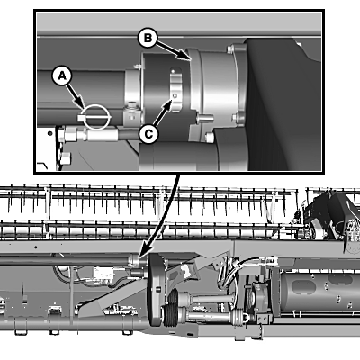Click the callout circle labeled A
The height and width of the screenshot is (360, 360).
(62, 76)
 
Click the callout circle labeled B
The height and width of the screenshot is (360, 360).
(147, 38)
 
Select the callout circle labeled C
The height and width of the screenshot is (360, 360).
(148, 133)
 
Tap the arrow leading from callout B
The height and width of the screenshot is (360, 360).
(173, 51)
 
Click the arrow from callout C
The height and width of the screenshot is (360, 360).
(162, 112)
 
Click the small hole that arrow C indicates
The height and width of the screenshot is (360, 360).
(175, 96)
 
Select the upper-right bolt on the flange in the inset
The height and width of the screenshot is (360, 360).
(231, 49)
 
